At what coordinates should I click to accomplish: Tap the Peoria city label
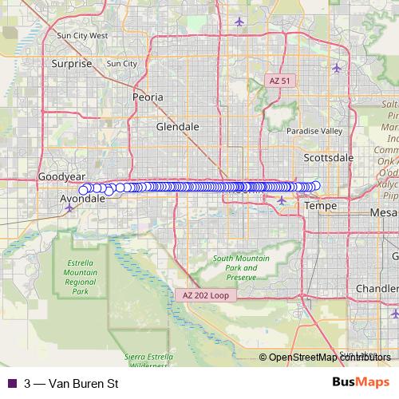(x=148, y=97)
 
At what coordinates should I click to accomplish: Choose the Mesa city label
(x=383, y=213)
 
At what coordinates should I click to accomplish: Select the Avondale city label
(x=82, y=199)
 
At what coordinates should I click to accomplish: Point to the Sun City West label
(x=82, y=36)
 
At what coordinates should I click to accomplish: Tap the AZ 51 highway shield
(x=281, y=81)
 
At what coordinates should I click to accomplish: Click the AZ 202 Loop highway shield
(x=206, y=295)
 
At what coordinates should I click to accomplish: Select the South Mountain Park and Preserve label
(x=240, y=268)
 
